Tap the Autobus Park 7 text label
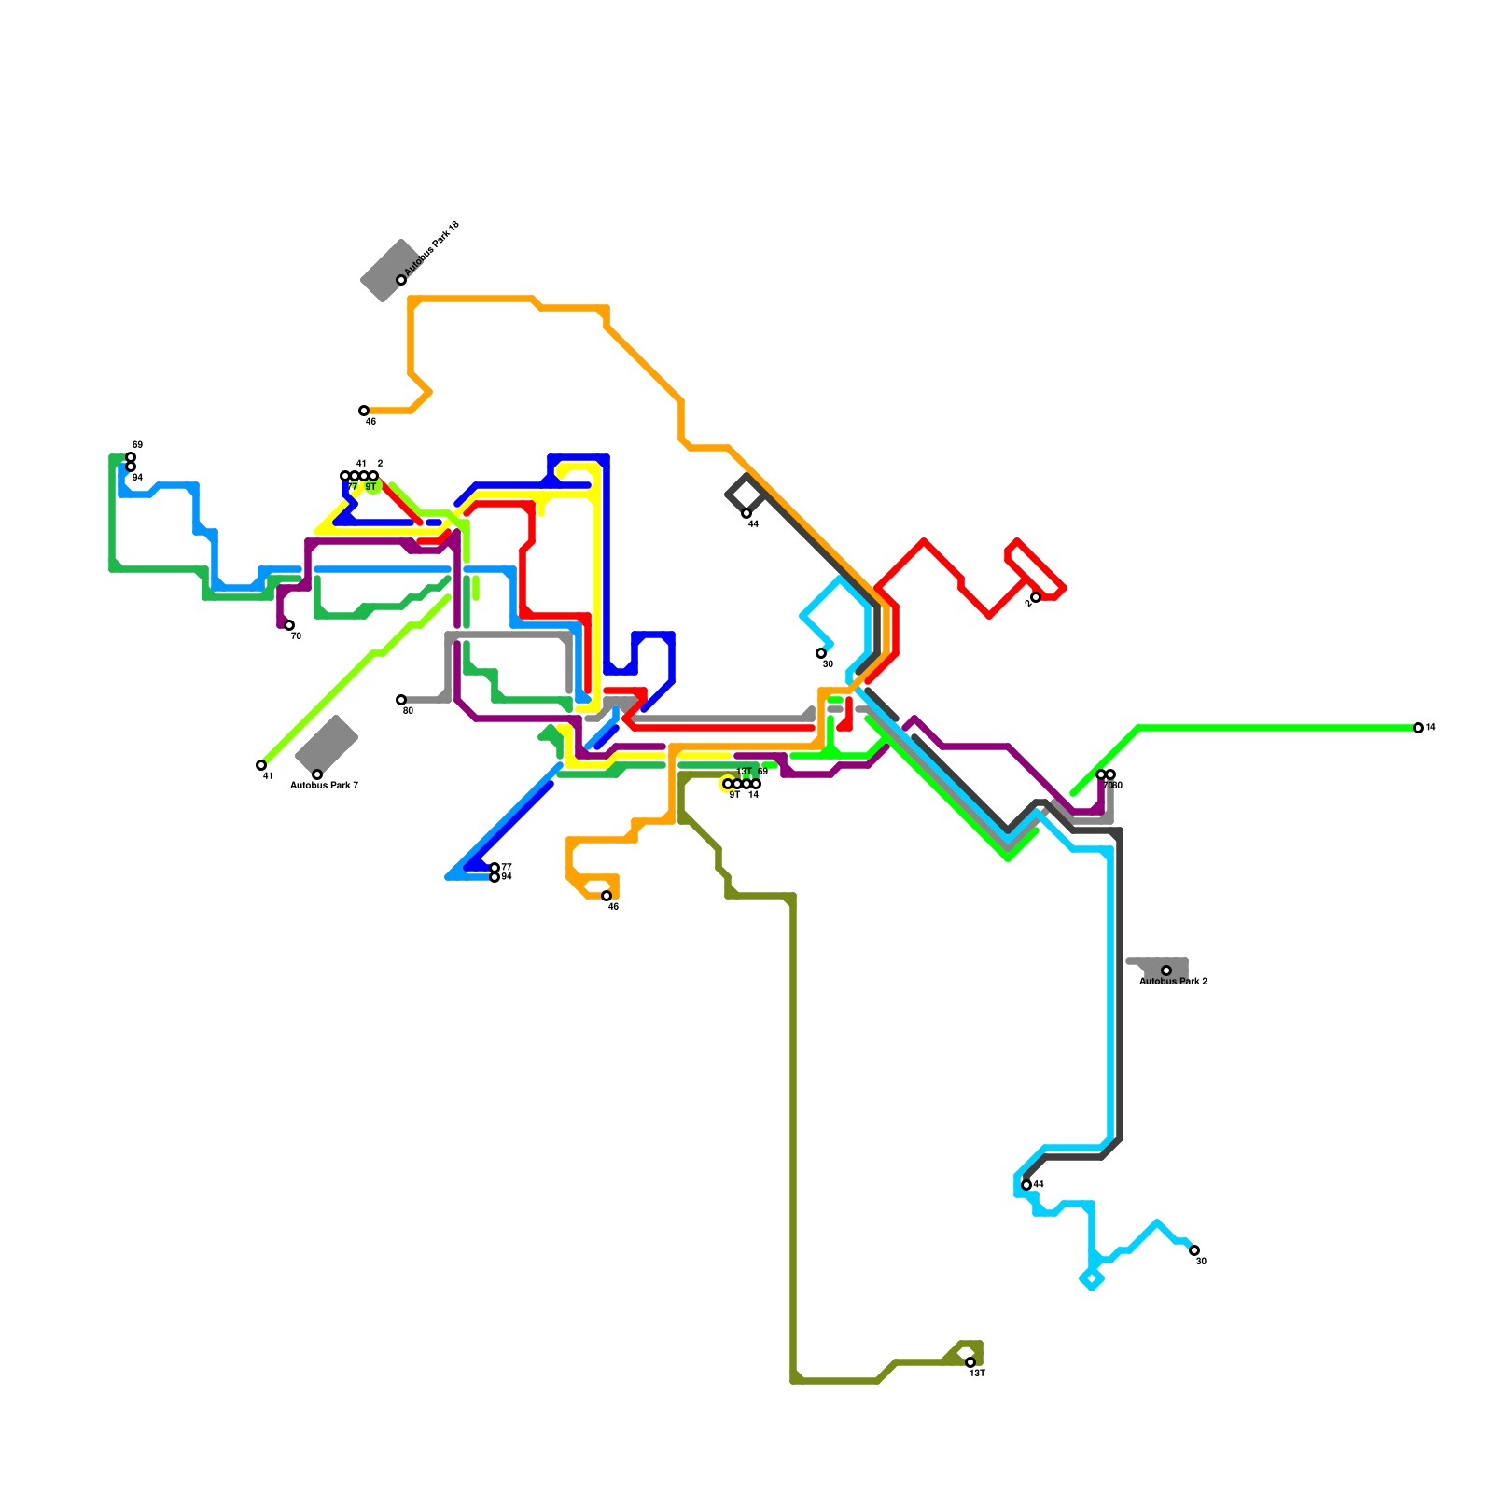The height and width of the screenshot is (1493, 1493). (324, 786)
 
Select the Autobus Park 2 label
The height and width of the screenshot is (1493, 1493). (1173, 982)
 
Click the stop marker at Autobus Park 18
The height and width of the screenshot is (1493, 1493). (401, 280)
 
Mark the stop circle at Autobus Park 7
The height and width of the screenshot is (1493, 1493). (317, 774)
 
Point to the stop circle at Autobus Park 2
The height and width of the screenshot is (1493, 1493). (1166, 970)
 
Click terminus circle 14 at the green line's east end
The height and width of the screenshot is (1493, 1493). (1418, 728)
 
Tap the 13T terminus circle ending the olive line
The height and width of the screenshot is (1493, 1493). (970, 1362)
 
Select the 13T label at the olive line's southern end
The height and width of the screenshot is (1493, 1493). (977, 1374)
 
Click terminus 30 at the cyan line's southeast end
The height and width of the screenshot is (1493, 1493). (1194, 1250)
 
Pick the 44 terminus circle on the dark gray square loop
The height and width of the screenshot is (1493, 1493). (746, 513)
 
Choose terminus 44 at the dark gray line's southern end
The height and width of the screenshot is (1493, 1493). (1026, 1185)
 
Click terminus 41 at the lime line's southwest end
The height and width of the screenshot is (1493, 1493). (261, 765)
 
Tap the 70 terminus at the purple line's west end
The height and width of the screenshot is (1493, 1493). (289, 625)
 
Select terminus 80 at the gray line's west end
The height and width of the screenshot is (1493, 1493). (401, 700)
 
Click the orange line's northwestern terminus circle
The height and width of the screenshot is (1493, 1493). (364, 411)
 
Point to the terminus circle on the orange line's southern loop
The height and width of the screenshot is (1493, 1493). (607, 896)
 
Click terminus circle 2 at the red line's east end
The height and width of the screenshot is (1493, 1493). (1036, 597)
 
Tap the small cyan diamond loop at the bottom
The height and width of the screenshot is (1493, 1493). (1092, 1279)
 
